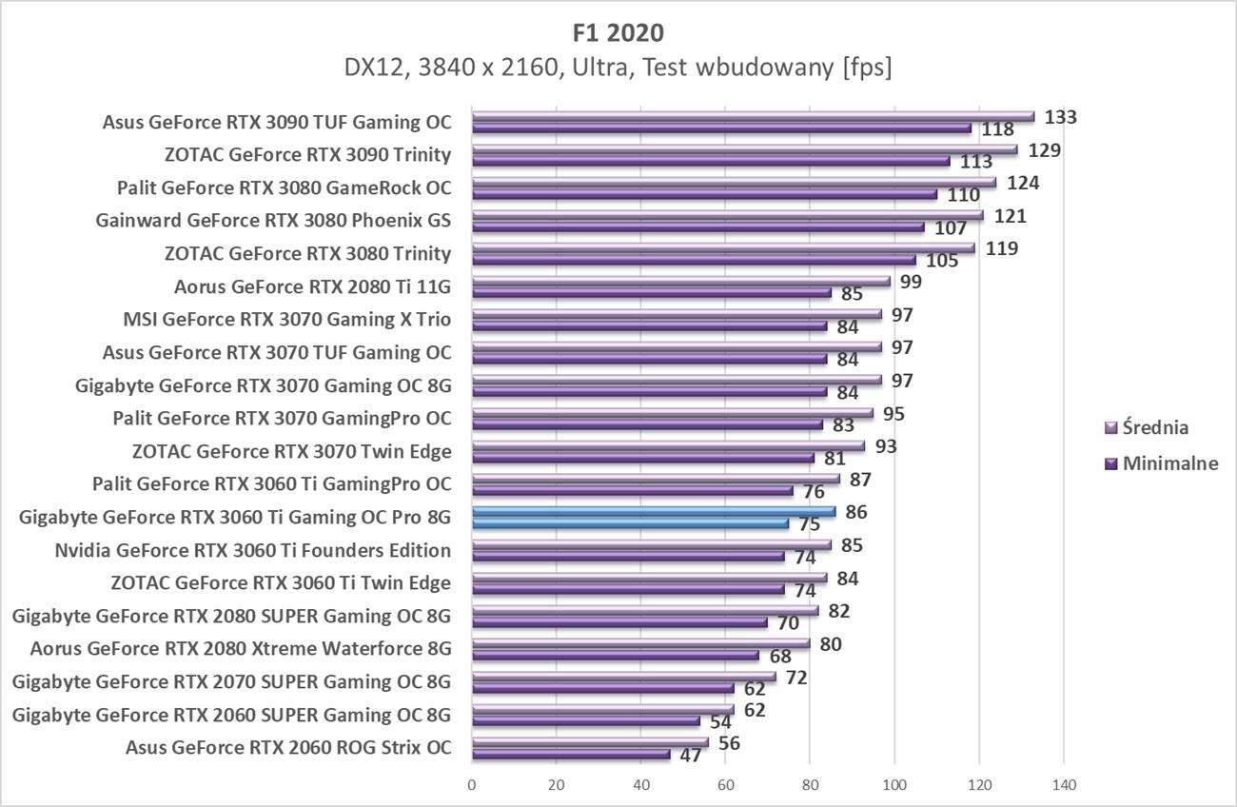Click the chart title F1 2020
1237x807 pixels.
[x=619, y=32]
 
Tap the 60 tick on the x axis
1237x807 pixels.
[x=726, y=785]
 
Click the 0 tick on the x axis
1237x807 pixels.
[x=472, y=785]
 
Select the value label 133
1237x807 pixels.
[x=1060, y=117]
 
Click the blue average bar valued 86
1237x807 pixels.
[x=654, y=512]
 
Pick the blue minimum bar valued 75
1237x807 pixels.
[x=630, y=522]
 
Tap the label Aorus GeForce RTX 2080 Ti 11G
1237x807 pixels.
[x=312, y=286]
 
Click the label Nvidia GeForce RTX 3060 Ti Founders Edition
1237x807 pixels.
[x=252, y=550]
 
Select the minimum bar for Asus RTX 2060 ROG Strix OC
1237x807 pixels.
[x=571, y=754]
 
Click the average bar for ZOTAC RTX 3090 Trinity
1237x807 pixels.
[x=744, y=150]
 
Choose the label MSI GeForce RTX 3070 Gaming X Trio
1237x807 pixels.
[x=286, y=319]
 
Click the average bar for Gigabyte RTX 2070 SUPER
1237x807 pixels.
[x=623, y=677]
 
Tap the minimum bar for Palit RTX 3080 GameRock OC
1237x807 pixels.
[x=704, y=194]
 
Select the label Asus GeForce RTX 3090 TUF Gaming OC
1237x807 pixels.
[x=276, y=122]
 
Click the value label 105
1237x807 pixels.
[x=942, y=261]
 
